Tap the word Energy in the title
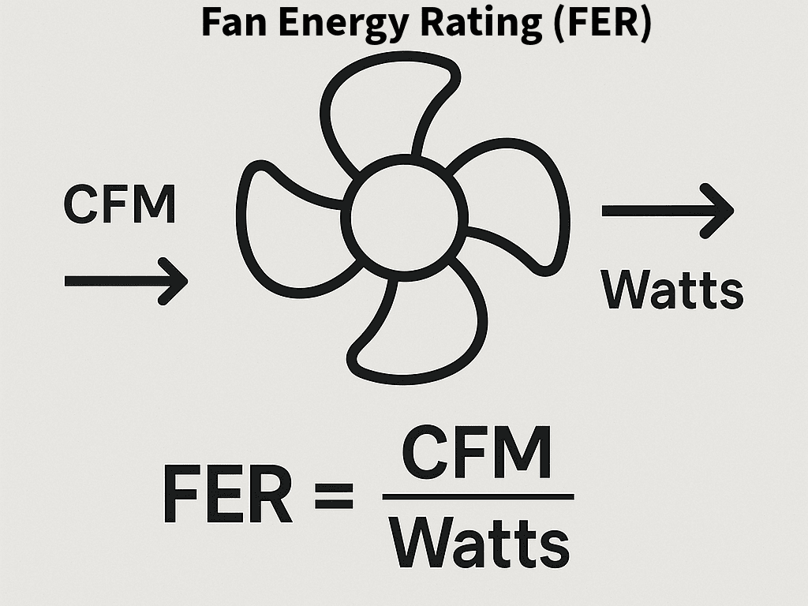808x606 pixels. pyautogui.click(x=332, y=24)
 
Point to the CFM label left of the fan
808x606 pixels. pyautogui.click(x=119, y=204)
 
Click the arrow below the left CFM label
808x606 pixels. pyautogui.click(x=126, y=281)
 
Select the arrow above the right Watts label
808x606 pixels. pyautogui.click(x=668, y=211)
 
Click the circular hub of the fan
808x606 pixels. pyautogui.click(x=403, y=210)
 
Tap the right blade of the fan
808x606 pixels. pyautogui.click(x=521, y=197)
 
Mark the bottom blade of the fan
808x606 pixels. pyautogui.click(x=418, y=331)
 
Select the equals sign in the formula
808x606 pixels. pyautogui.click(x=333, y=497)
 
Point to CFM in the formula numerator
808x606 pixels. pyautogui.click(x=477, y=455)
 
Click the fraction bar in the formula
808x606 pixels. pyautogui.click(x=478, y=496)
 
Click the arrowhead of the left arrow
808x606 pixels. pyautogui.click(x=175, y=281)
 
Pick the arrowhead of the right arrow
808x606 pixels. pyautogui.click(x=720, y=211)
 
